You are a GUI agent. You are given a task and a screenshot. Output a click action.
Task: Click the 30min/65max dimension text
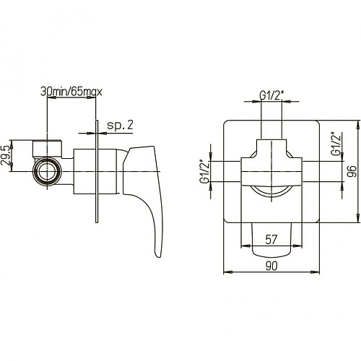[x=71, y=92]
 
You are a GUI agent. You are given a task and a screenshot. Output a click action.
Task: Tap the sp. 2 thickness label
[x=120, y=125]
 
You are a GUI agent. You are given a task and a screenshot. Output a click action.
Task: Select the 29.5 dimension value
[x=6, y=155]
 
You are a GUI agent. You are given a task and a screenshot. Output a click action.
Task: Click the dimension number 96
[x=352, y=171]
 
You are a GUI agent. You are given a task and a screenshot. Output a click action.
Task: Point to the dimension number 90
[x=271, y=266]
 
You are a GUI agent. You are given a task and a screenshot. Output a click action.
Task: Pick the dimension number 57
[x=271, y=240]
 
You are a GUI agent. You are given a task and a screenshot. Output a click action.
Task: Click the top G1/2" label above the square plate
[x=271, y=96]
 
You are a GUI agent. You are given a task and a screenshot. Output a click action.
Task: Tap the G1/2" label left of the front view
[x=204, y=171]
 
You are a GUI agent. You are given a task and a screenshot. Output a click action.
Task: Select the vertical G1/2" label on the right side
[x=336, y=144]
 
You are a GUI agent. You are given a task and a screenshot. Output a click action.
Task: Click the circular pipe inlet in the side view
[x=48, y=171]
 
